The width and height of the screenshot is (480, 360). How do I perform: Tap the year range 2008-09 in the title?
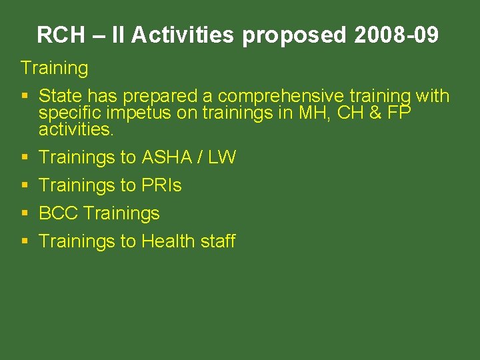click(x=396, y=35)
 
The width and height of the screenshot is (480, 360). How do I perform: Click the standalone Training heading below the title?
click(x=54, y=68)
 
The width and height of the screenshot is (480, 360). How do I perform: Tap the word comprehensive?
click(x=281, y=97)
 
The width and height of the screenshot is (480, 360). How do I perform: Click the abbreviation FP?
click(x=399, y=113)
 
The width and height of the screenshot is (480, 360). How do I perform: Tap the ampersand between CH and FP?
click(x=375, y=113)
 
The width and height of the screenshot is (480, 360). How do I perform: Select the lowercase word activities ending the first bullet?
click(x=76, y=129)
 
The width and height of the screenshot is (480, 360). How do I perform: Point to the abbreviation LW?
click(x=222, y=157)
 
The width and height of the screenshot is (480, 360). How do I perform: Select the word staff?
click(x=217, y=241)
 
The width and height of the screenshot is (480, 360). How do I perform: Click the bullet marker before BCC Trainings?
click(x=25, y=213)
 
